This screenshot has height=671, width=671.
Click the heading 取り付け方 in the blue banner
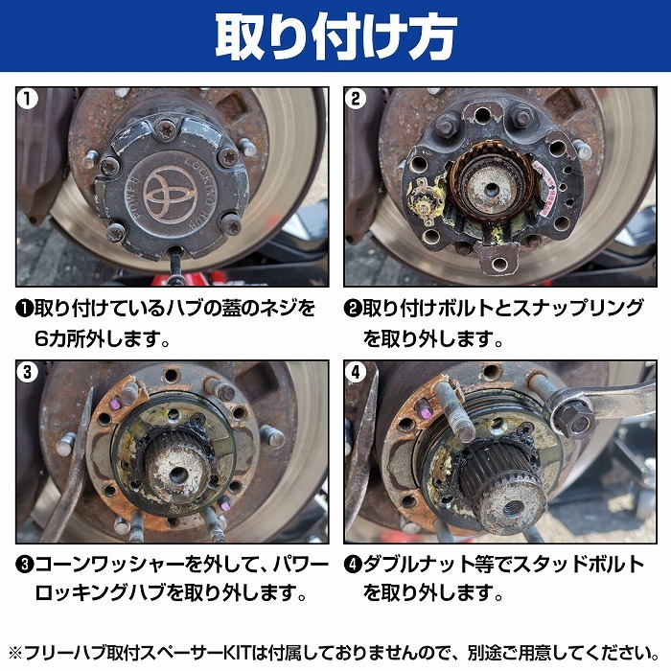click(335, 35)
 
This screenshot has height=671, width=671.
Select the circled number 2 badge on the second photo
click(357, 99)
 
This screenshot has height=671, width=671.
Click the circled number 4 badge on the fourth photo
click(357, 373)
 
